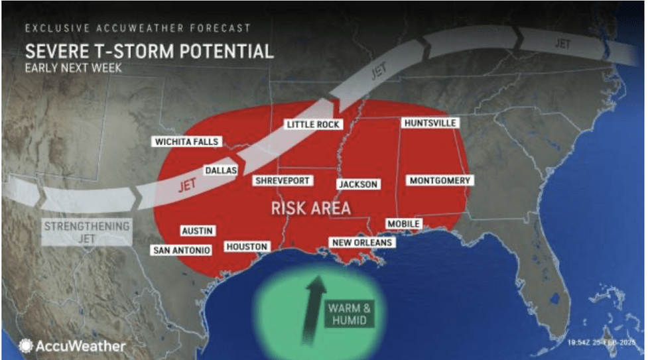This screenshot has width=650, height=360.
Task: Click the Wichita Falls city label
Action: coord(186,142)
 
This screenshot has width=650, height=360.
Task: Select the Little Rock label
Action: coord(313,124)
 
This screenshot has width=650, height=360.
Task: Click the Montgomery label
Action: coord(440,180)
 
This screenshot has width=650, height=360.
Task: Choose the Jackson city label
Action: coord(357,184)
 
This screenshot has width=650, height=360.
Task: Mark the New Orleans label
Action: coord(362,242)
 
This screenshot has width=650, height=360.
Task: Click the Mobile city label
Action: coord(403,224)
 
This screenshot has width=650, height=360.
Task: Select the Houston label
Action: coord(247,247)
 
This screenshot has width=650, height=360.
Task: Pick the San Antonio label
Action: coord(182,250)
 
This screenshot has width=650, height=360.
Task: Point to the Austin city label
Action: coord(197,230)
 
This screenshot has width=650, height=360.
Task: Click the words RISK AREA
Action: coord(310,208)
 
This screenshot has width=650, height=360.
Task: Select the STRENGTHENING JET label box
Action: coord(86,231)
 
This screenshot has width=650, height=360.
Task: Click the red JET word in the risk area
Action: coord(188,186)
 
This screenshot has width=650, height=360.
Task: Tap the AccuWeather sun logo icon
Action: coord(25,345)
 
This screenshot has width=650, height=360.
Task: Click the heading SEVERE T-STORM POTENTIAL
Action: coord(149,52)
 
